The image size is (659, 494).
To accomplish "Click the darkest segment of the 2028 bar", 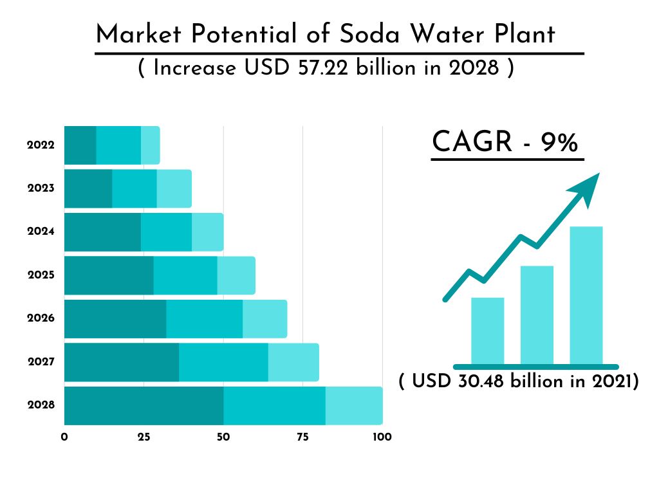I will tap(144, 405).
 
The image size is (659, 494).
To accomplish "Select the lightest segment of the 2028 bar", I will tap(354, 405).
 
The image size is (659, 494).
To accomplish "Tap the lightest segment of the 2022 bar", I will tap(150, 145).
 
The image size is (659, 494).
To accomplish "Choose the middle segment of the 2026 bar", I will tap(204, 318).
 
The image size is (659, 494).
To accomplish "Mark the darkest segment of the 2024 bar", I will tap(102, 232).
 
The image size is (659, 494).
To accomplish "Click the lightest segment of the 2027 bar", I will tap(293, 362).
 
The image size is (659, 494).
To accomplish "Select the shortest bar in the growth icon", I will tap(488, 331).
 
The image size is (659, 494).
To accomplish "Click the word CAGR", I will tap(472, 142).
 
